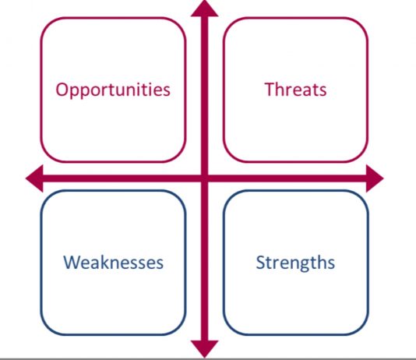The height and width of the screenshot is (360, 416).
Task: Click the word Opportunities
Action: [113, 90]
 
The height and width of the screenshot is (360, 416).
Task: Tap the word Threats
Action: [295, 90]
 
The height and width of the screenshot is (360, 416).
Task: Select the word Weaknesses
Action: [113, 263]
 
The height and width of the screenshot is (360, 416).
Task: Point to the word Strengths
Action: [295, 263]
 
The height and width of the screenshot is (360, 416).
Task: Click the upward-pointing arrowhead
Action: [205, 9]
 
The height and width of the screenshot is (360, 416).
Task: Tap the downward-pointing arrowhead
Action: [205, 348]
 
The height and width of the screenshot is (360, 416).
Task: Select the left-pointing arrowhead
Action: [34, 178]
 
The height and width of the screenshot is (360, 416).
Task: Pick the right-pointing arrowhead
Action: [375, 178]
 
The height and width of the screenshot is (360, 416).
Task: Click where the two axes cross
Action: [205, 178]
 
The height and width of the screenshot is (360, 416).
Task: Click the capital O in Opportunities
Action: [62, 90]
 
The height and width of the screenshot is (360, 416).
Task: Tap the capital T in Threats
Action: [270, 90]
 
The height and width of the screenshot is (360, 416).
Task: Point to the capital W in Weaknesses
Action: [72, 262]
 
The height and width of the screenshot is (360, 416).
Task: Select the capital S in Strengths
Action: [261, 263]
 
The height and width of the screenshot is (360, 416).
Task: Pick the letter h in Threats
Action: [282, 89]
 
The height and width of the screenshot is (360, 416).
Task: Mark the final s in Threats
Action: [323, 91]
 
